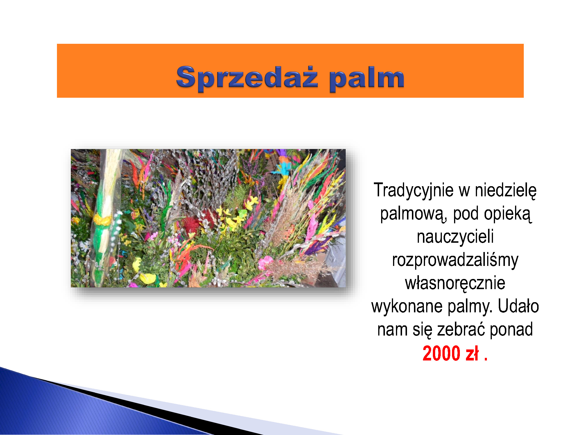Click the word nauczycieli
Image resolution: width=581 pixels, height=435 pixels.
point(455,236)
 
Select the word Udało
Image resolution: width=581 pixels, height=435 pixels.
point(518,306)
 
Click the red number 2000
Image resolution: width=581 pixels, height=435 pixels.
point(442,353)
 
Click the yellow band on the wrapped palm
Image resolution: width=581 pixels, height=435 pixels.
point(102,220)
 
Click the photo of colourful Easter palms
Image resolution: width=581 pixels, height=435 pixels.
point(208,218)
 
